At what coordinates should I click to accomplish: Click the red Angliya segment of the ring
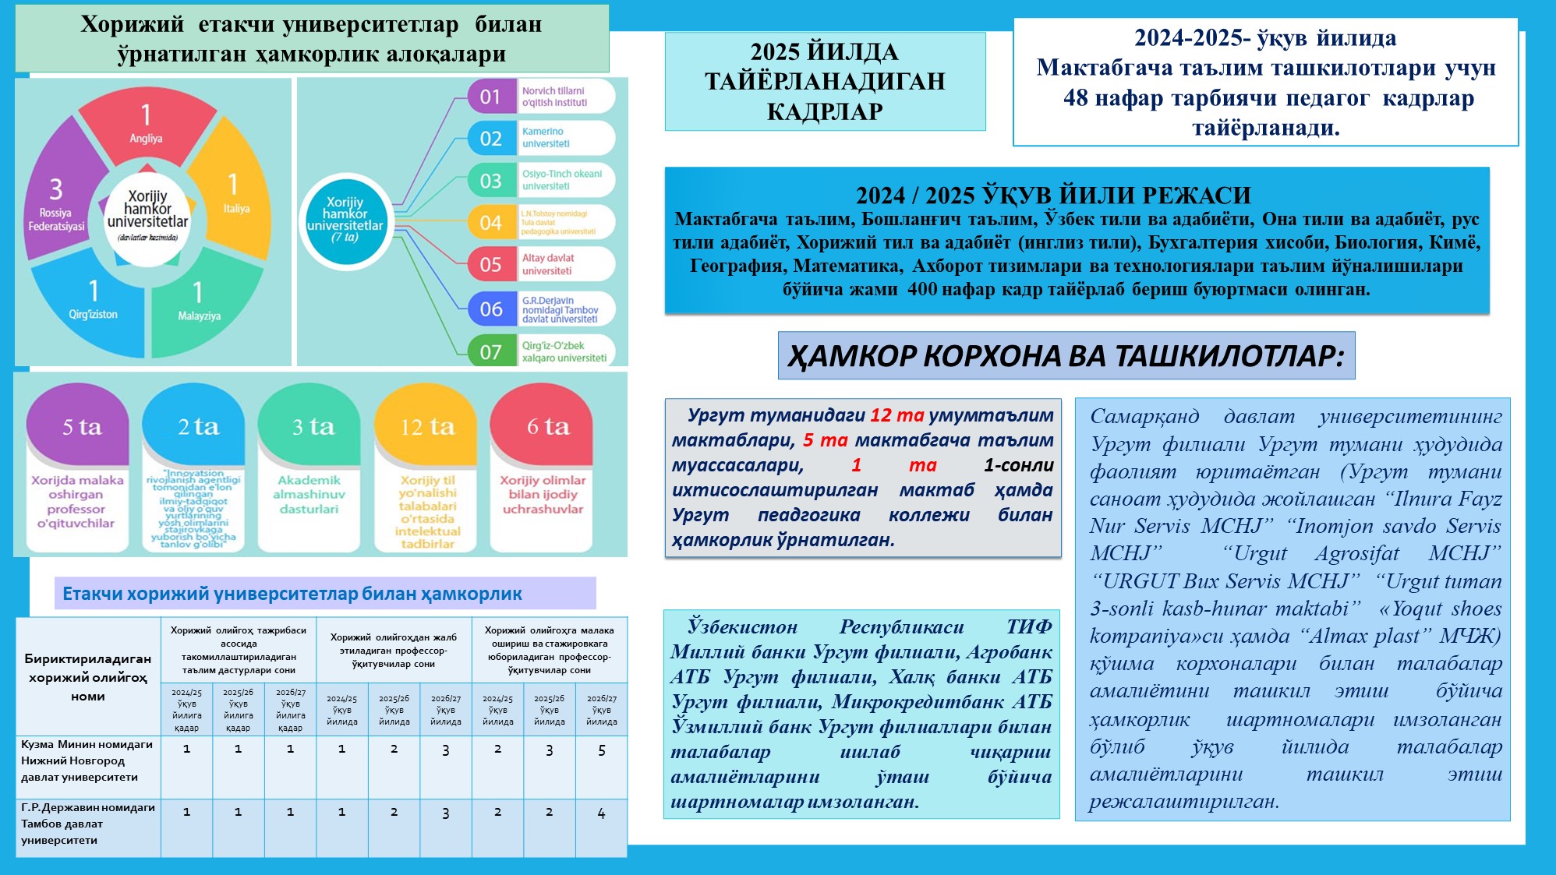[147, 125]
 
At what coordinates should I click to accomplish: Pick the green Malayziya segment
[199, 304]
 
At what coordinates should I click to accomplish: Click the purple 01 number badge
[490, 97]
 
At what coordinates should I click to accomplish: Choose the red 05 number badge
[490, 264]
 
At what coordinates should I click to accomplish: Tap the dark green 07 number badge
[490, 351]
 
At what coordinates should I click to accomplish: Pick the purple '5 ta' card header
[82, 426]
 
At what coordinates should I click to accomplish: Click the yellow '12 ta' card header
[427, 426]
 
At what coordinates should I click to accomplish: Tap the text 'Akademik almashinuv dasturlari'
[309, 495]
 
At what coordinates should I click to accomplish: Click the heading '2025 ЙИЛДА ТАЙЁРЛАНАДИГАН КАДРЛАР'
[825, 81]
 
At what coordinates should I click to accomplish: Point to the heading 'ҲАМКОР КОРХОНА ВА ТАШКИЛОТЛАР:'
[1066, 356]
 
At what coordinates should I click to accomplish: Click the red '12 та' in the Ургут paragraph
[896, 415]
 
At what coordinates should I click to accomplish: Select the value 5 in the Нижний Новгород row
[601, 750]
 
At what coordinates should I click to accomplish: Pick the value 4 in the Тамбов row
[601, 813]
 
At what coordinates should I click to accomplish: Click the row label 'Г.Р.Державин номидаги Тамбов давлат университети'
[87, 824]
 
